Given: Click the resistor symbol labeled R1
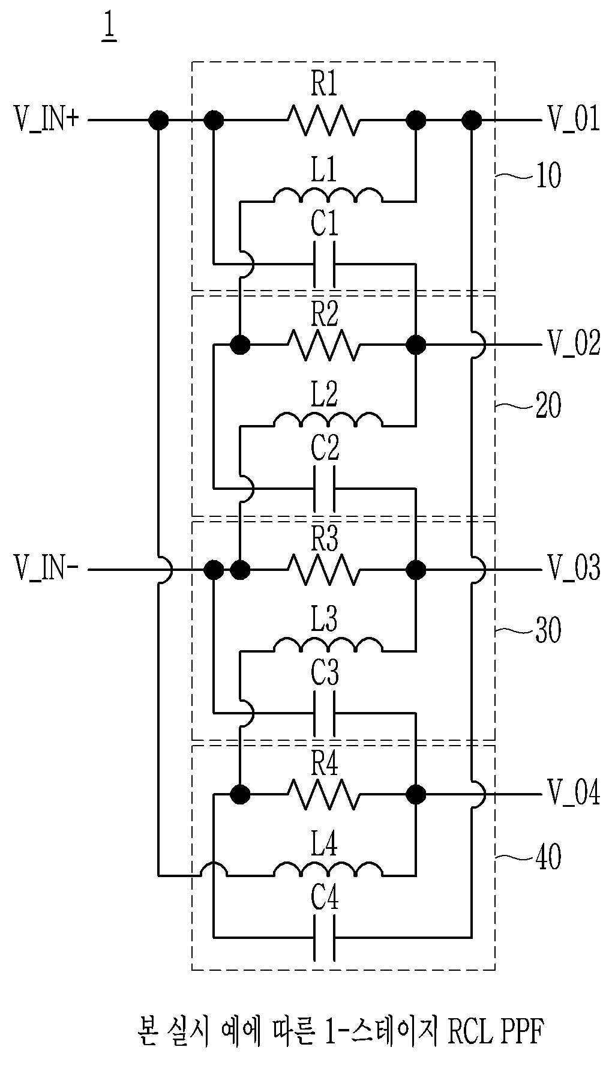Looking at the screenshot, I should [324, 121].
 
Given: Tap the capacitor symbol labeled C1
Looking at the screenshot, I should [324, 264].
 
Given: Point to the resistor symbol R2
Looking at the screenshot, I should [324, 345].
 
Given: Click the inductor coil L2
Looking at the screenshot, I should [327, 420].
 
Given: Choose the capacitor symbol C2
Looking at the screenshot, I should [324, 489].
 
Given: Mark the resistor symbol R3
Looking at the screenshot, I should [324, 569].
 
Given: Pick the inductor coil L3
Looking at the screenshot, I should [327, 645].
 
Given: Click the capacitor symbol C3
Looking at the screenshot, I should [324, 714].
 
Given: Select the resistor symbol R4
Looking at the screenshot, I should [324, 794].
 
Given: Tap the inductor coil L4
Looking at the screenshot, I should [327, 869].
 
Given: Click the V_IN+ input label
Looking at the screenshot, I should [47, 119].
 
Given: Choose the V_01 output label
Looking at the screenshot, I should [573, 119].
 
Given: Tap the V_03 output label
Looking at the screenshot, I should [573, 568].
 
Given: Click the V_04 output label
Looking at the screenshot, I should [573, 792].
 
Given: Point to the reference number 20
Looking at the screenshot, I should [547, 406].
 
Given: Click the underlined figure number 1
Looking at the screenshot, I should [109, 28].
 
